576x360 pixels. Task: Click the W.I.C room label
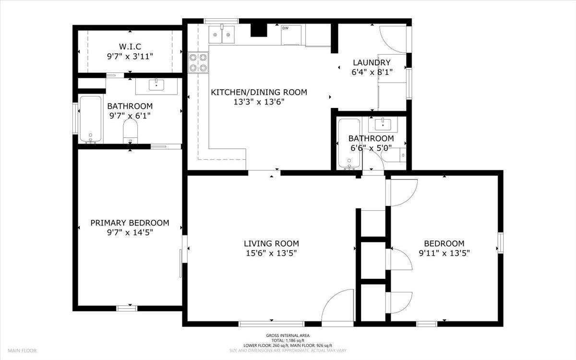tap(130, 47)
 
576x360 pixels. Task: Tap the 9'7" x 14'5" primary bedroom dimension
tap(130, 232)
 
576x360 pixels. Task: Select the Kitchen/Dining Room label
tap(259, 92)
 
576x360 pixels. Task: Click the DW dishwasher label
tap(286, 28)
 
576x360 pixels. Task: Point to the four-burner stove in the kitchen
tap(198, 62)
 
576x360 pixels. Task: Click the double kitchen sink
tap(221, 35)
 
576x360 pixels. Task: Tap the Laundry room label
tap(372, 62)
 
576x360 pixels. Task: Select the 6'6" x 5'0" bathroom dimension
tap(371, 148)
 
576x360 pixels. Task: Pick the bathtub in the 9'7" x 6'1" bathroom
tap(91, 120)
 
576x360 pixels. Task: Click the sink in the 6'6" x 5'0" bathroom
tap(383, 124)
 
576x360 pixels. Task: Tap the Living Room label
tap(271, 243)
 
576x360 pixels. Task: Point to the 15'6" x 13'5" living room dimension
tap(271, 253)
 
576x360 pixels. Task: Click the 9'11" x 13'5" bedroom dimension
tap(444, 253)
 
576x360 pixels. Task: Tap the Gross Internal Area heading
tap(288, 336)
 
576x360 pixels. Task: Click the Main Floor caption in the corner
tap(22, 350)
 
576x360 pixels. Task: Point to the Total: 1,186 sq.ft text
tap(288, 340)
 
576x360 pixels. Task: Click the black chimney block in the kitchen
tap(259, 30)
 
